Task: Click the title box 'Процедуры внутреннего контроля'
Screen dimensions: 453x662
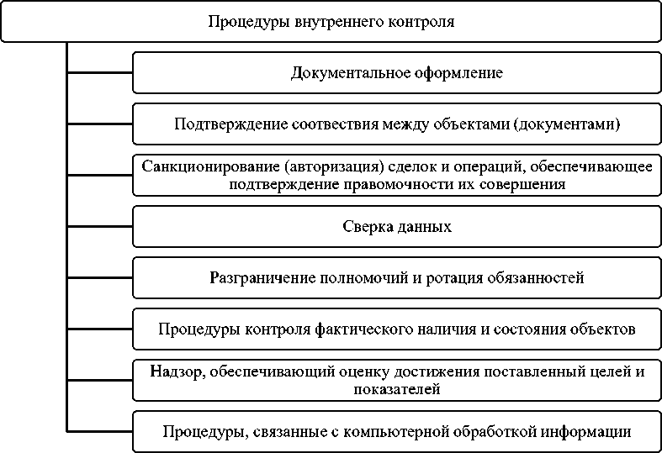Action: (x=331, y=22)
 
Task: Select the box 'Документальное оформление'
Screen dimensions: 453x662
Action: (x=397, y=73)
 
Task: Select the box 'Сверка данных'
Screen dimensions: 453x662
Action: (x=397, y=227)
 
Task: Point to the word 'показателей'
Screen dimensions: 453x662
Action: (x=397, y=389)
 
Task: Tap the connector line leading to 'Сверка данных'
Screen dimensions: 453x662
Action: (x=99, y=227)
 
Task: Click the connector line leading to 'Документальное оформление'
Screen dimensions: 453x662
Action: (x=99, y=73)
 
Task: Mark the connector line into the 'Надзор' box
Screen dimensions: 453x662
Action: (x=99, y=380)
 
